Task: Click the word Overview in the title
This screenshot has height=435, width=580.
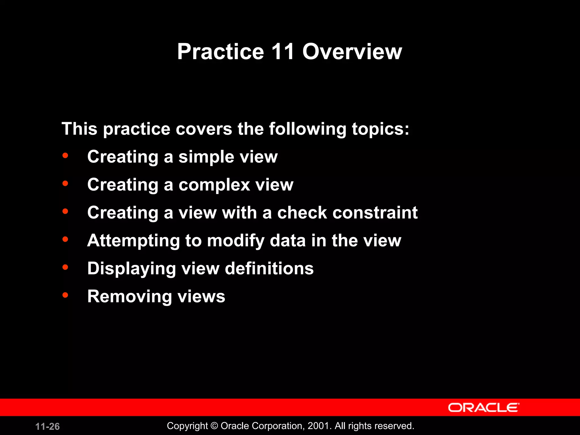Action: pyautogui.click(x=352, y=52)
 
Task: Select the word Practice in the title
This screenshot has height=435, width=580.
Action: pyautogui.click(x=221, y=52)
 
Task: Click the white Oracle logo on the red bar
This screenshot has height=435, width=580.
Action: pyautogui.click(x=483, y=408)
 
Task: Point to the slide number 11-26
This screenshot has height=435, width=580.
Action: pyautogui.click(x=48, y=427)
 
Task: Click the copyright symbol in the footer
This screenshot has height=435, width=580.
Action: pyautogui.click(x=214, y=426)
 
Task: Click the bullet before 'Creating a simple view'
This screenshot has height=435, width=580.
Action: pyautogui.click(x=65, y=155)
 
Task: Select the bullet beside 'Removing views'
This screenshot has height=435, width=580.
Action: pyautogui.click(x=65, y=295)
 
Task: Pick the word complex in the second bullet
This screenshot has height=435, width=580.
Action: pyautogui.click(x=214, y=185)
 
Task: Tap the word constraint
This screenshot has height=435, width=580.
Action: pyautogui.click(x=375, y=213)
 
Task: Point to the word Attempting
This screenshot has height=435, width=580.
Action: pyautogui.click(x=133, y=241)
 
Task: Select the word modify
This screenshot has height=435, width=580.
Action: pyautogui.click(x=235, y=241)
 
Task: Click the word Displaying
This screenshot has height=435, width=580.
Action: pyautogui.click(x=132, y=268)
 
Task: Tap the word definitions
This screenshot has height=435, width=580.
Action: pyautogui.click(x=269, y=268)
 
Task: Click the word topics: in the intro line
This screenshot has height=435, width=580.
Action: pyautogui.click(x=380, y=129)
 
